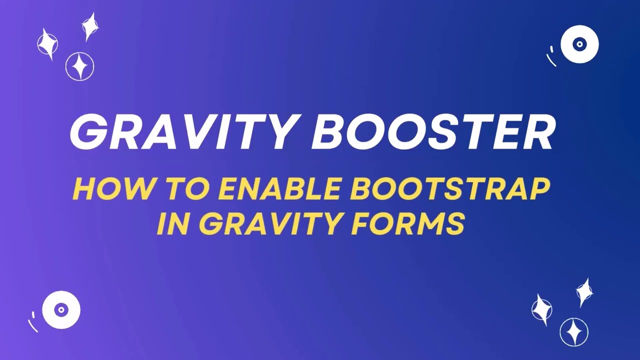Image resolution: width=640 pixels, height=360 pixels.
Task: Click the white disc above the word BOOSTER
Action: [579, 44]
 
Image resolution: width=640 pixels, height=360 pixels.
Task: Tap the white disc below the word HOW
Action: [61, 310]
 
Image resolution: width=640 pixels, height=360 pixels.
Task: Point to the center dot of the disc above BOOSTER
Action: [579, 44]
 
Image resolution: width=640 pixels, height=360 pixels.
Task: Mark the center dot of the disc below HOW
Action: [61, 310]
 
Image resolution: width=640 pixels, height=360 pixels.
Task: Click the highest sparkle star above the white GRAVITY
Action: [89, 26]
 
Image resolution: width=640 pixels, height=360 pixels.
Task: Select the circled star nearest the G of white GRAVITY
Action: [79, 66]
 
